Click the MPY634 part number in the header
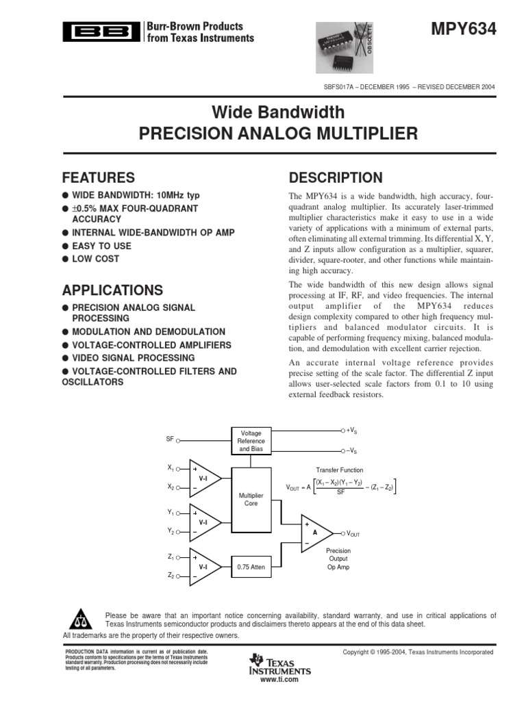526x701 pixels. tap(464, 29)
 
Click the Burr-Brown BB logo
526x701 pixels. tap(102, 31)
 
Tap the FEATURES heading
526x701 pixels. tap(99, 178)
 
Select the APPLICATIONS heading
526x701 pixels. tap(113, 290)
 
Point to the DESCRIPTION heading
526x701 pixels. tap(336, 178)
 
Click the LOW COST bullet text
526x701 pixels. tap(95, 259)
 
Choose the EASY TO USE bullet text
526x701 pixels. tap(101, 246)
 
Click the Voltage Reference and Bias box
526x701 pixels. tap(251, 442)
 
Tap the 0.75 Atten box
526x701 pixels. tap(251, 567)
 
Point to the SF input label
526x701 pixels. tap(170, 438)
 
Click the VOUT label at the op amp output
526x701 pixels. tap(353, 533)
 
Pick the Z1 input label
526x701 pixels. tap(171, 557)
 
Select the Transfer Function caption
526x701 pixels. tap(339, 470)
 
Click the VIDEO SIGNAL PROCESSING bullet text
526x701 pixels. tap(134, 358)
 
